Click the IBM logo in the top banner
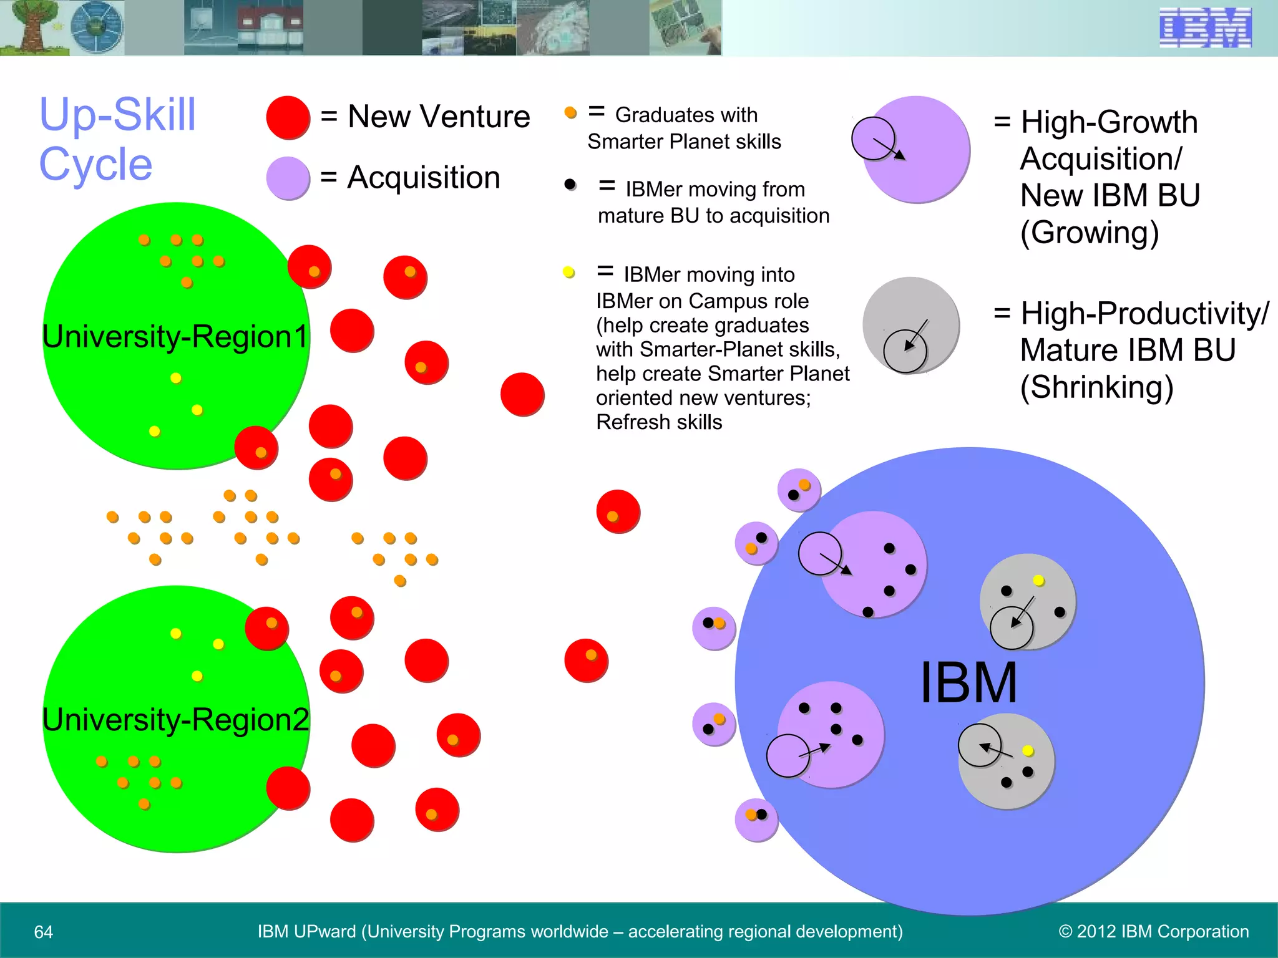click(1205, 27)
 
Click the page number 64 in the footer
click(44, 932)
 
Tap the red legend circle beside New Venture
click(288, 117)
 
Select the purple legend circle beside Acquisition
click(288, 178)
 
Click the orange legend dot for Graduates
click(570, 113)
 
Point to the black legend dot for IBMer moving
click(570, 185)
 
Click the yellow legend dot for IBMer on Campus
click(568, 272)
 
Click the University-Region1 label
click(175, 337)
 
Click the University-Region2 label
click(175, 720)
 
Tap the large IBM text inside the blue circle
click(968, 684)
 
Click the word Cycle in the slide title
click(95, 165)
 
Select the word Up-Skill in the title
click(117, 115)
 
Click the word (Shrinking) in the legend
click(1096, 387)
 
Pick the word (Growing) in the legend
click(1090, 233)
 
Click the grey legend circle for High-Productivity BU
click(911, 324)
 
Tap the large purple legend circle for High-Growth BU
click(916, 150)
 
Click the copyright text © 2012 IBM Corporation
click(1153, 932)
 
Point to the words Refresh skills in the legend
click(659, 422)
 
